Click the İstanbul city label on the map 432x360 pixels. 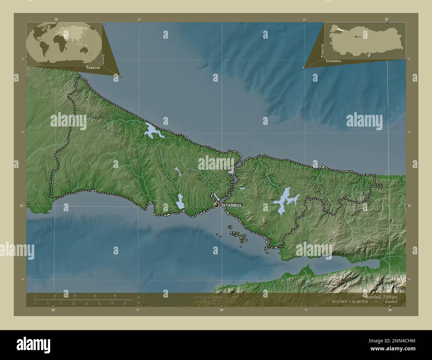tap(232, 205)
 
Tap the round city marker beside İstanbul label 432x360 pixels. tap(217, 205)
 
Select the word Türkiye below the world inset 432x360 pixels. tap(93, 67)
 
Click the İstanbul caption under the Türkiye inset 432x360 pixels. tap(334, 61)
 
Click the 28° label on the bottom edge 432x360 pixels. tap(53, 310)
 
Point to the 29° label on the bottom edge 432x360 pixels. tap(221, 310)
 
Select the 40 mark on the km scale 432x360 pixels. tap(115, 296)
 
